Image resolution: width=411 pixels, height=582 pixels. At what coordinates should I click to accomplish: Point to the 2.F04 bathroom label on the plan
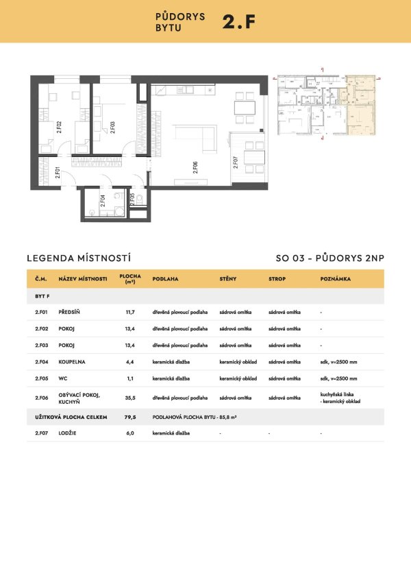102,201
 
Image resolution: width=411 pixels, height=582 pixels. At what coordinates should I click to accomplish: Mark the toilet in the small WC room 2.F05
139,199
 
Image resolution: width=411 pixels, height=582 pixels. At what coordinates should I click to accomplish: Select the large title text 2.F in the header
239,21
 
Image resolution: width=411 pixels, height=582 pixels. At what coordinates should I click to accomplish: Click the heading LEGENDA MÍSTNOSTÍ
78,258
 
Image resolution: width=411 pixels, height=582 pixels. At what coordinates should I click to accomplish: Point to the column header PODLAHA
165,279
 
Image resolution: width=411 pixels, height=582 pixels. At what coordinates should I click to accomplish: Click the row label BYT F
42,295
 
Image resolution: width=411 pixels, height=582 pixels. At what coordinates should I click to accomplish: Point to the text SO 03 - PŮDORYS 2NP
329,258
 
